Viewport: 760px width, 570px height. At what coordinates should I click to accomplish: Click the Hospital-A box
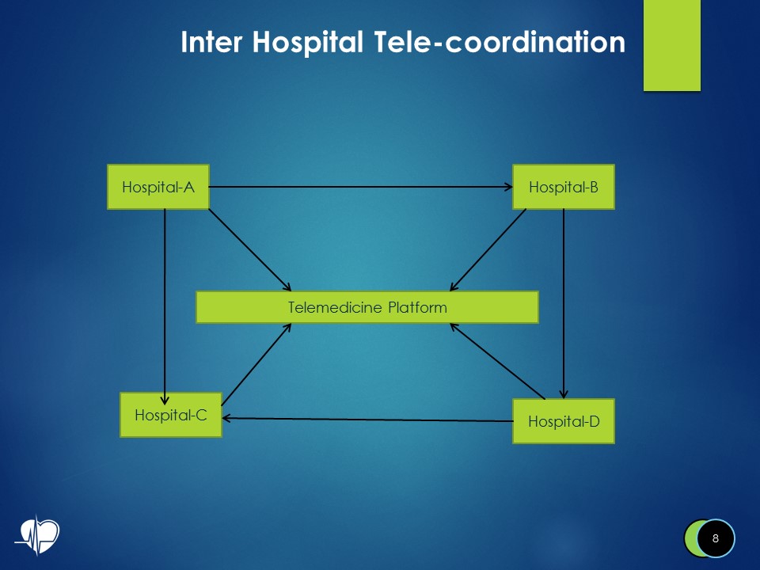158,188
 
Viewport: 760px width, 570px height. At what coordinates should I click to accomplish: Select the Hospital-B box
563,188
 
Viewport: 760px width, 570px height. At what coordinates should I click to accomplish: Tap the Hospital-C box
170,414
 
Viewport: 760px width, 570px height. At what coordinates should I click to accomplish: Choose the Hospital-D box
563,421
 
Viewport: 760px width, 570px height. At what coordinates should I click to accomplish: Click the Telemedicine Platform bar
367,307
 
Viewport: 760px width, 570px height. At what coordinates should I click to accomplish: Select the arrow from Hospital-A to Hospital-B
360,188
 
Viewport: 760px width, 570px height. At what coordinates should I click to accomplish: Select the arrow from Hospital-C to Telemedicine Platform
257,364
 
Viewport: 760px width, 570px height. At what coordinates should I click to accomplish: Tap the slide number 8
716,539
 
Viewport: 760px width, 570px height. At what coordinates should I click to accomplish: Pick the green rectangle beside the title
671,45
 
